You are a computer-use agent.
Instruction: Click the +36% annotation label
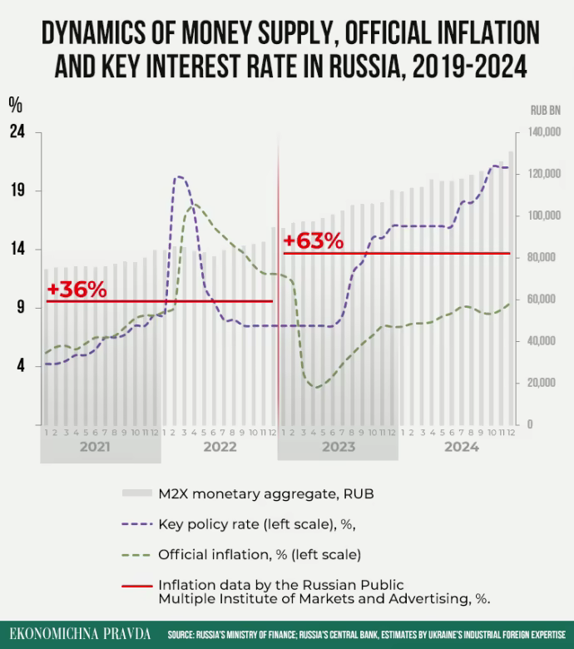point(77,290)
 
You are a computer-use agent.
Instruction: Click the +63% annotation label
point(313,241)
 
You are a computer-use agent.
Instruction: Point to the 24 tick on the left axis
point(17,132)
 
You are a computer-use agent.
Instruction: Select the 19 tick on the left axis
point(17,191)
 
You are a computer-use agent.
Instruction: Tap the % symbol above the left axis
point(15,105)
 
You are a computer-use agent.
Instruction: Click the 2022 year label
point(220,447)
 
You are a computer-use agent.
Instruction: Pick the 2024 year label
point(461,447)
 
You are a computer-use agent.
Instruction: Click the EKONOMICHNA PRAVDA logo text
point(80,634)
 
